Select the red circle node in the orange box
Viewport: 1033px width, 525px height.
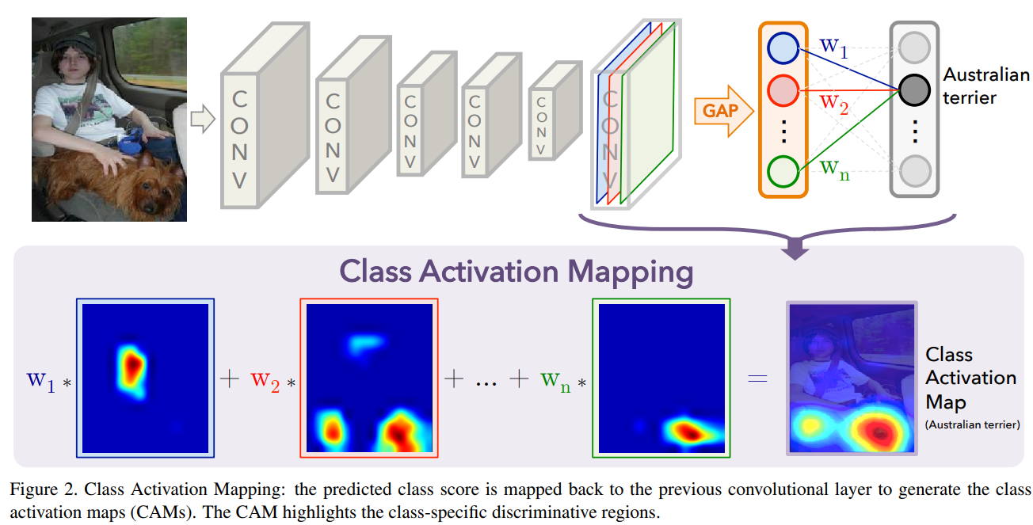pos(783,89)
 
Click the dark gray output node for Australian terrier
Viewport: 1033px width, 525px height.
pos(914,89)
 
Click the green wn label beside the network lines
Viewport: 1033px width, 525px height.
pos(834,169)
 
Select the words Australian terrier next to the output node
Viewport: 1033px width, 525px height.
pos(985,86)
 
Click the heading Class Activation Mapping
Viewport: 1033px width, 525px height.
pos(516,272)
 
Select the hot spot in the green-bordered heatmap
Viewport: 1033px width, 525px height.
pos(686,432)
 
